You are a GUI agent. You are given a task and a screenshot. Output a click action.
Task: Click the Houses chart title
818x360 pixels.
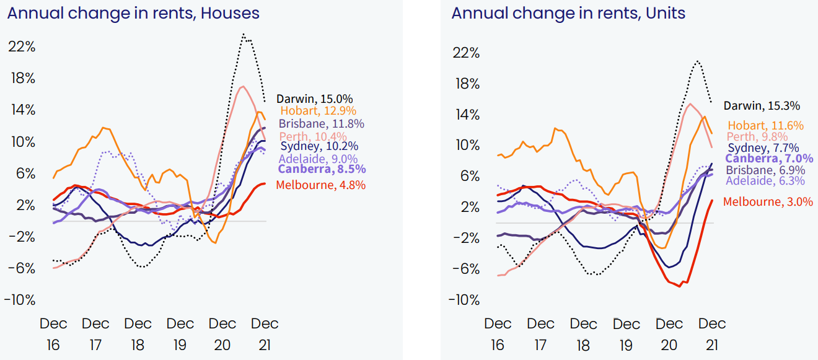(x=133, y=13)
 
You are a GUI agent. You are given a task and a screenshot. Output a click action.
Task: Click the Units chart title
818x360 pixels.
(x=568, y=13)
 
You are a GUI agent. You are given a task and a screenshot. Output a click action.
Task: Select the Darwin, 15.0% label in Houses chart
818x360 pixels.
(x=314, y=99)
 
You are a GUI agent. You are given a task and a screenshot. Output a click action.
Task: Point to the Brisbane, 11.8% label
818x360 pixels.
(x=321, y=123)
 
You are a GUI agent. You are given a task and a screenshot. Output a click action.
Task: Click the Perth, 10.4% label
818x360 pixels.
(x=313, y=136)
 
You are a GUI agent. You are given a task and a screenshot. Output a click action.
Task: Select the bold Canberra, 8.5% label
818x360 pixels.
(x=322, y=169)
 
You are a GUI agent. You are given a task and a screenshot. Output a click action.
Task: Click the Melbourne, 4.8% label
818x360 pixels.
(x=320, y=185)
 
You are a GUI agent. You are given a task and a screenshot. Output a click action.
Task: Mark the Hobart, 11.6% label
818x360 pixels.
(x=765, y=125)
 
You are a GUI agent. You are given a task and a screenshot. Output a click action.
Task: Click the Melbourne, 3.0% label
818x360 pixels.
(x=768, y=201)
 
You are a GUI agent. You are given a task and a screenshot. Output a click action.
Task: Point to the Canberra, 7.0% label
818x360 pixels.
(x=767, y=159)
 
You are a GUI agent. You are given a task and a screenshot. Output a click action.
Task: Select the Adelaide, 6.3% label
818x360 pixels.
(x=765, y=180)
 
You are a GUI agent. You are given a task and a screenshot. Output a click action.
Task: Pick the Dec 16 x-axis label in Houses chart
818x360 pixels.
(x=53, y=333)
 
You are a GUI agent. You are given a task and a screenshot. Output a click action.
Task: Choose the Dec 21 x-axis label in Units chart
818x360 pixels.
(x=711, y=333)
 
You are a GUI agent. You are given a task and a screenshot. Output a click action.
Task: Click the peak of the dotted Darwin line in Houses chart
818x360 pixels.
(x=244, y=34)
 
